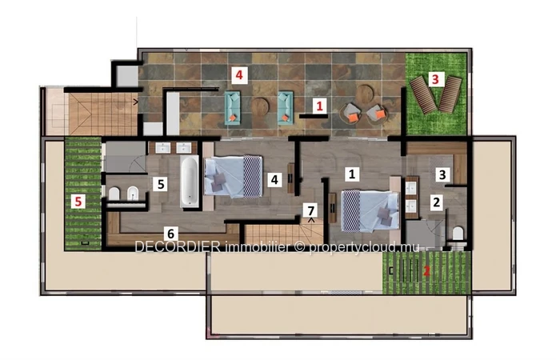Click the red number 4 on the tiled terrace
click(239, 75)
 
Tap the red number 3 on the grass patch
click(435, 78)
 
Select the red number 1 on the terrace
click(319, 106)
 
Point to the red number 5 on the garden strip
click(78, 202)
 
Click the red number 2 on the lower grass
click(426, 271)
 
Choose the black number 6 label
click(170, 234)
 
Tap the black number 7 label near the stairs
click(311, 210)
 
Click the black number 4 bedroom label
click(274, 179)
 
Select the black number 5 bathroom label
click(161, 184)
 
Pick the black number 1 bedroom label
click(352, 174)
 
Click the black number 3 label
click(442, 174)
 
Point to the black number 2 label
click(437, 202)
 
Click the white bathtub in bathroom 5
click(190, 182)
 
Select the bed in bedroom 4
click(233, 176)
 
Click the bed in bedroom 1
click(370, 210)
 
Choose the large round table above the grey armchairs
click(365, 93)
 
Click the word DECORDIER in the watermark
click(178, 247)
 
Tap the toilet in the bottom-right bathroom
click(458, 234)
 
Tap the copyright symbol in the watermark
click(300, 247)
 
